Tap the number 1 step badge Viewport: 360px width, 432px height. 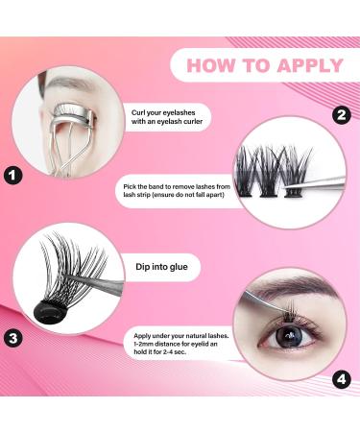tap(13, 176)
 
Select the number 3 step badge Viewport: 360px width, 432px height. tap(13, 337)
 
